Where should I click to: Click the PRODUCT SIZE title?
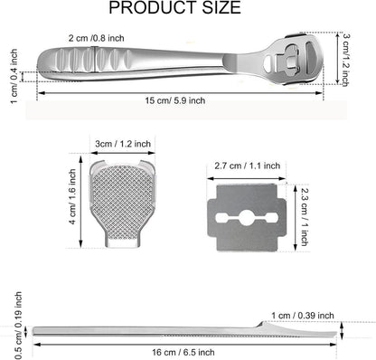click(174, 7)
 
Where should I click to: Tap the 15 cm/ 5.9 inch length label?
click(175, 100)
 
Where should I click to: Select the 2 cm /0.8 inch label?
click(96, 38)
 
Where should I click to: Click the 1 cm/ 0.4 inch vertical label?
click(14, 76)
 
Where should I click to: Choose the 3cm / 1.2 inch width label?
click(123, 144)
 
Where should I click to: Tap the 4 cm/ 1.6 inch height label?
click(73, 196)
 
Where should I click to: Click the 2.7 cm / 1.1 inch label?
click(247, 166)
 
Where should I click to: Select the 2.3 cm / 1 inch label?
click(305, 216)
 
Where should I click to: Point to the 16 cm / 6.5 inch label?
click(183, 352)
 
